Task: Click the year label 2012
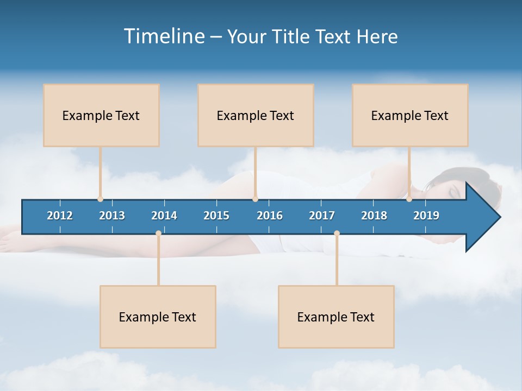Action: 60,216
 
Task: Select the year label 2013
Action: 112,216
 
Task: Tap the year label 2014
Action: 164,216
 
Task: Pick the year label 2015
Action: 216,216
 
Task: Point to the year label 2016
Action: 270,216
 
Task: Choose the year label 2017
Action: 322,216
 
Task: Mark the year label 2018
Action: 374,216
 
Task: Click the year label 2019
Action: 426,216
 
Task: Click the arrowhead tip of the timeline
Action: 499,217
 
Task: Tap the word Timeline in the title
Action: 164,36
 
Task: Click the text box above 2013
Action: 101,115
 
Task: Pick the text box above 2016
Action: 256,115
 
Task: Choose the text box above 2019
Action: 410,115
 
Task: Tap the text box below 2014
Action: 158,317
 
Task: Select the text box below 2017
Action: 336,317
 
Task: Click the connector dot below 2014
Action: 158,234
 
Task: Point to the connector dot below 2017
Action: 337,234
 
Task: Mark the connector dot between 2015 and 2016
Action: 256,199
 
